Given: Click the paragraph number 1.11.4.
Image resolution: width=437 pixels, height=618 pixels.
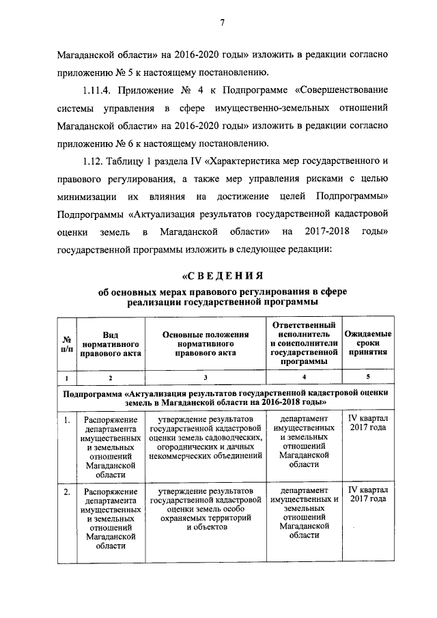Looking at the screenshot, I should [x=100, y=91].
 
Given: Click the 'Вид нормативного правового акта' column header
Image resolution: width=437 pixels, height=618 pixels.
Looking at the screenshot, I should [x=111, y=344].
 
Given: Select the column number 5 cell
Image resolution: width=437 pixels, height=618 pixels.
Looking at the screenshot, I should [x=368, y=377].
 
